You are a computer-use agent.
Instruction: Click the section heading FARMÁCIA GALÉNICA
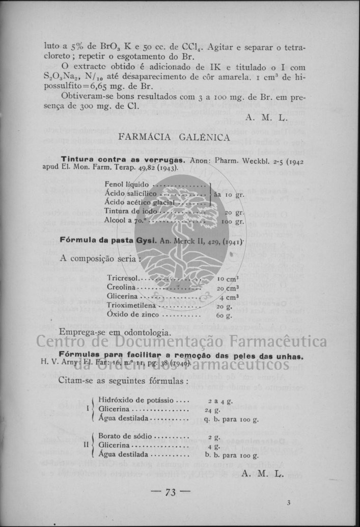[x=174, y=137]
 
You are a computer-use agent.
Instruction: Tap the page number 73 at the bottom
[x=170, y=492]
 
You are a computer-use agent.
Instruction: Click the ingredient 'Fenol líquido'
[x=127, y=184]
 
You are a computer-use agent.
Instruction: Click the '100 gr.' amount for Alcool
[x=233, y=222]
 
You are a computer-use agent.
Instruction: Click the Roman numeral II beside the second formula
[x=86, y=445]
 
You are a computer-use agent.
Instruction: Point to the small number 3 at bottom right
[x=289, y=503]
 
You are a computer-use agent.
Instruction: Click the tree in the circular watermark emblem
[x=181, y=219]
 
